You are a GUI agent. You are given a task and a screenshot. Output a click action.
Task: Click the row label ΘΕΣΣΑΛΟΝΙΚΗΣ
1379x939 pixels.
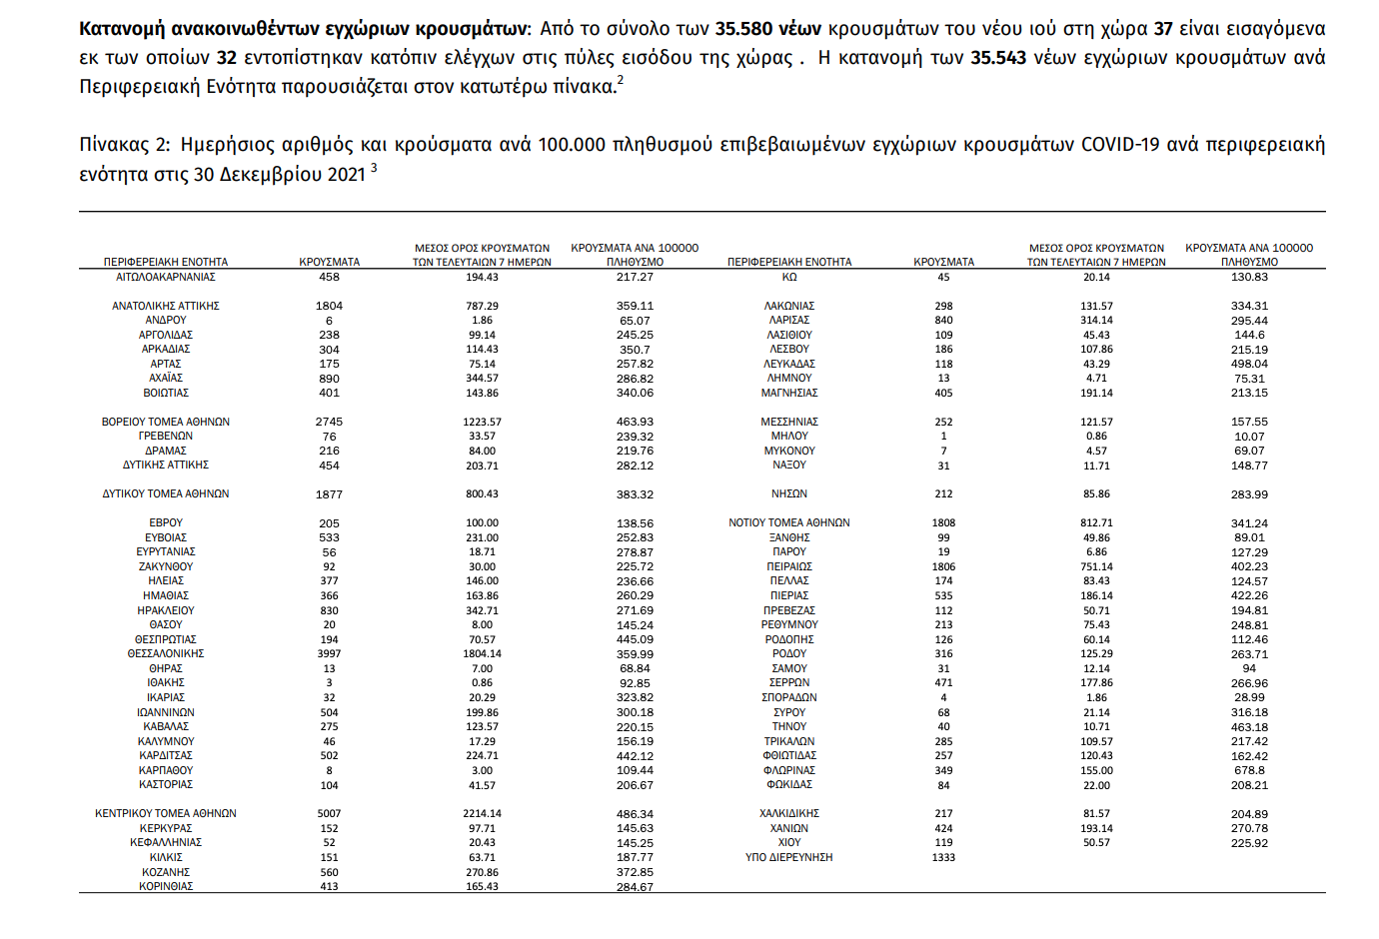click(x=166, y=653)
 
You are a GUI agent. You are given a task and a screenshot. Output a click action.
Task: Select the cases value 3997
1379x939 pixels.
click(x=329, y=653)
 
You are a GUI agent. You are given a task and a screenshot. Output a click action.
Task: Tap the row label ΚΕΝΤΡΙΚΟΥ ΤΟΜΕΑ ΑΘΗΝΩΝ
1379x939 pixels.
click(x=166, y=813)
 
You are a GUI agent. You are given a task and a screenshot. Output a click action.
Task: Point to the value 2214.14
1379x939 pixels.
click(x=482, y=813)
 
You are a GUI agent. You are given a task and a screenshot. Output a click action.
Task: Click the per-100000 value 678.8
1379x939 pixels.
click(x=1249, y=770)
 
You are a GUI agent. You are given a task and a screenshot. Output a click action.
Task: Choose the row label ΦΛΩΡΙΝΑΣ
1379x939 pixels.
click(x=789, y=770)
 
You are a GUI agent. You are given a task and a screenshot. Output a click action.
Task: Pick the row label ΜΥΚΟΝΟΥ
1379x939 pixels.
click(x=789, y=451)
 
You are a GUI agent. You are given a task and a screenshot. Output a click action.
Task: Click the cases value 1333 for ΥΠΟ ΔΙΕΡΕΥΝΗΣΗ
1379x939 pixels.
click(x=943, y=857)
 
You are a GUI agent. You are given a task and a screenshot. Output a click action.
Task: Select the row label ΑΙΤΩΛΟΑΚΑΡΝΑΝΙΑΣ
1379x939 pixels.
click(x=166, y=277)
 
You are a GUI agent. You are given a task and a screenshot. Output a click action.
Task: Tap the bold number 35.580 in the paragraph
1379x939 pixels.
click(x=743, y=29)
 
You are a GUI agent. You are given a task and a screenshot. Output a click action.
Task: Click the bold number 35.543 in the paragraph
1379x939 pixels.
click(x=998, y=58)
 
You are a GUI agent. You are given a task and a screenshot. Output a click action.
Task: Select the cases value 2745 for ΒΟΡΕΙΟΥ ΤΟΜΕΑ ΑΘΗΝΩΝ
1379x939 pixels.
click(x=329, y=422)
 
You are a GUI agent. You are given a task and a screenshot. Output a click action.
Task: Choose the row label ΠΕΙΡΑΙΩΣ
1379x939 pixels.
click(x=789, y=566)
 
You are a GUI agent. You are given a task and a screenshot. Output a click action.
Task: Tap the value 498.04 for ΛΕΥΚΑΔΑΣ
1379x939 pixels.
click(x=1249, y=364)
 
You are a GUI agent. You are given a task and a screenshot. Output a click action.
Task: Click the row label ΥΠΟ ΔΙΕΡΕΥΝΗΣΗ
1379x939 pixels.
click(x=789, y=857)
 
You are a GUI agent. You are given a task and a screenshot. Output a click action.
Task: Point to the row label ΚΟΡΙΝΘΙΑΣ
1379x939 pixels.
click(x=166, y=886)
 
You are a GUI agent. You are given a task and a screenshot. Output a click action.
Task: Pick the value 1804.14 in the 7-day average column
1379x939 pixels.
click(x=482, y=653)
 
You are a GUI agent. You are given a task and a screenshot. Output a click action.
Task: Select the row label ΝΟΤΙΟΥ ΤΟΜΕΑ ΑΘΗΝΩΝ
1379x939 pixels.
click(x=789, y=522)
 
